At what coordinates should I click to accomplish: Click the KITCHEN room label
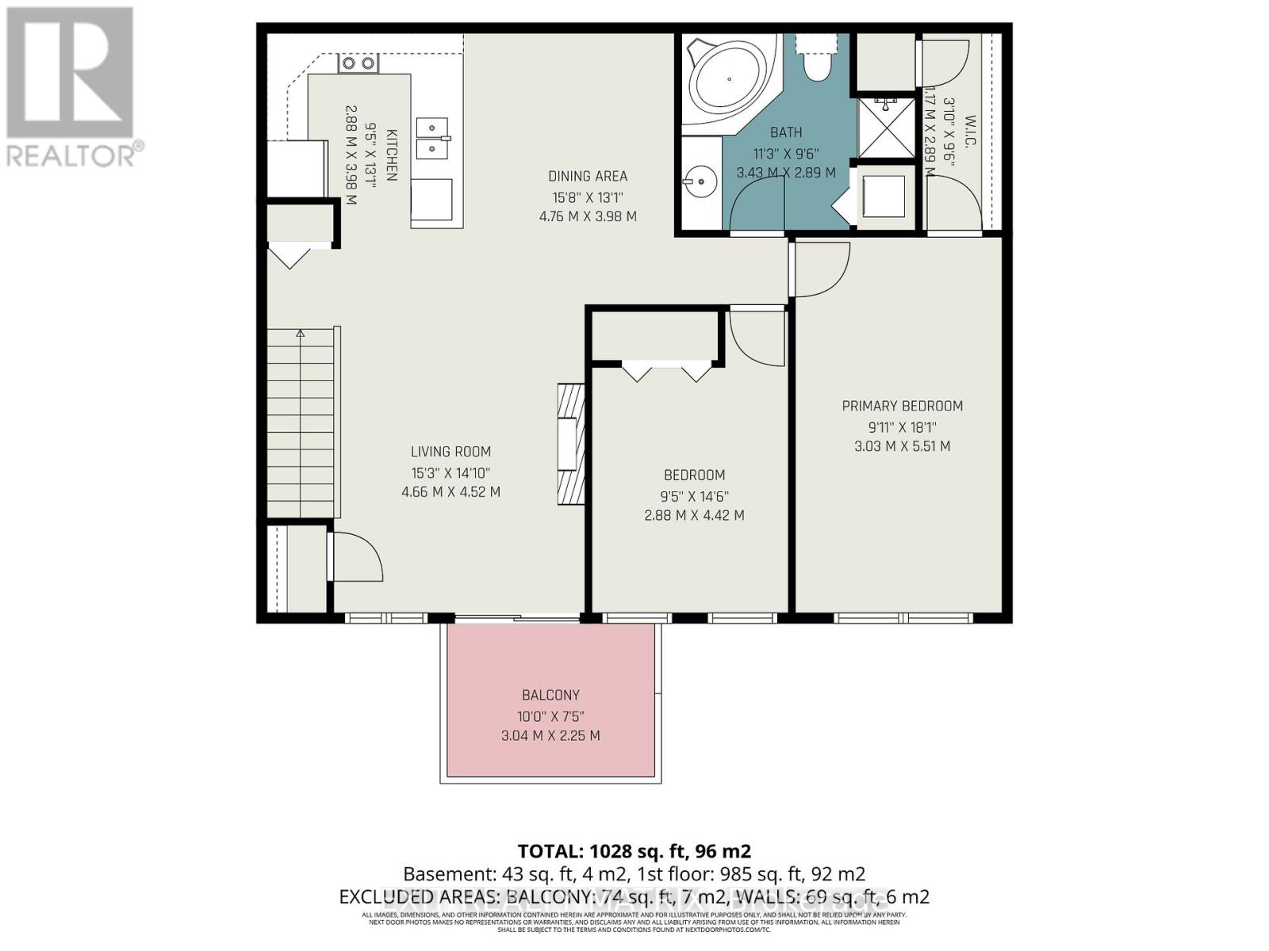pos(391,155)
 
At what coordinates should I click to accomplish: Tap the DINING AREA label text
pos(588,176)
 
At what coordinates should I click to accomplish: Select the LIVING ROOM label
pos(450,452)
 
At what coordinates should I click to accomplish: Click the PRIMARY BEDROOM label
pos(902,406)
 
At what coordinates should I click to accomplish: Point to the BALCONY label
pos(550,695)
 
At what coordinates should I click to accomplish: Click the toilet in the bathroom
pos(815,59)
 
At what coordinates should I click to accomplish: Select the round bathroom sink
pos(700,182)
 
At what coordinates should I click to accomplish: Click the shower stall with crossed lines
pos(885,127)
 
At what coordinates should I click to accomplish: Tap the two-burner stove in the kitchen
pos(358,63)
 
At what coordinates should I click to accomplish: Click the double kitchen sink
pos(433,137)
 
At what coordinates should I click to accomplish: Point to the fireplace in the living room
pos(569,445)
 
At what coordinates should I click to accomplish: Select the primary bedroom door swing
pos(820,269)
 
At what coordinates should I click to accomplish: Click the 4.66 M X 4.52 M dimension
pos(450,492)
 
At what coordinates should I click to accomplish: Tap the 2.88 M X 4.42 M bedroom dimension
pos(694,515)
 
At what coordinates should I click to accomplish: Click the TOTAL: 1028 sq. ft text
pos(634,851)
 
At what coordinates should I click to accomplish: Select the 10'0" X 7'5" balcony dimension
pos(550,716)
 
